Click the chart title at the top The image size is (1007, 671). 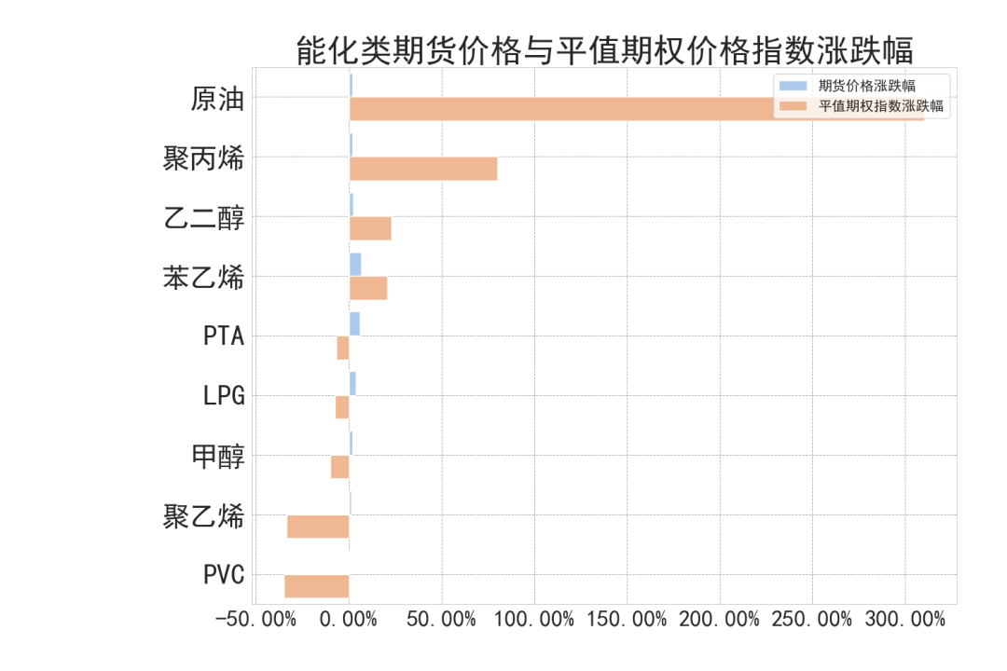[x=604, y=50]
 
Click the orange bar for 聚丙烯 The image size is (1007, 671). [x=423, y=169]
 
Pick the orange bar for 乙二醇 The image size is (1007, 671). [x=370, y=228]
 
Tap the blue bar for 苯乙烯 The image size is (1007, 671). [x=355, y=264]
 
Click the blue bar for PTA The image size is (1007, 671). [x=354, y=323]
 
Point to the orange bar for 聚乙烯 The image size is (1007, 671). [x=318, y=527]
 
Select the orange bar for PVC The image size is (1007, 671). [x=316, y=586]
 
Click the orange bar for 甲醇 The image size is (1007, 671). [x=339, y=467]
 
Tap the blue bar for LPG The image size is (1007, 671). [x=352, y=383]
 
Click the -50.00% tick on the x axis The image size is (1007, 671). [x=255, y=620]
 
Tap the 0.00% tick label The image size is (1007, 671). [x=349, y=620]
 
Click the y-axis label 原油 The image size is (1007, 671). [x=217, y=99]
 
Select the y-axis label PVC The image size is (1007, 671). [x=224, y=575]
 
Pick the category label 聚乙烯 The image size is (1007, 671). [x=203, y=515]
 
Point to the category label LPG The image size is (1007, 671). [x=224, y=396]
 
